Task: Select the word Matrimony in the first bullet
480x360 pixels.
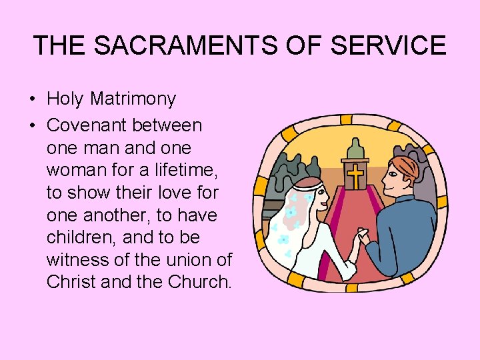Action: pyautogui.click(x=133, y=99)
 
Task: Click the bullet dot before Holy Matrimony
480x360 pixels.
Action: pyautogui.click(x=32, y=100)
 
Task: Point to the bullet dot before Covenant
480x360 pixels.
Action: pyautogui.click(x=32, y=125)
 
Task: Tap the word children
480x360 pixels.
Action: pyautogui.click(x=77, y=237)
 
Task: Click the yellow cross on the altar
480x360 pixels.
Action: pyautogui.click(x=356, y=176)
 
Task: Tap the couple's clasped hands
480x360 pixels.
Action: pyautogui.click(x=362, y=238)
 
